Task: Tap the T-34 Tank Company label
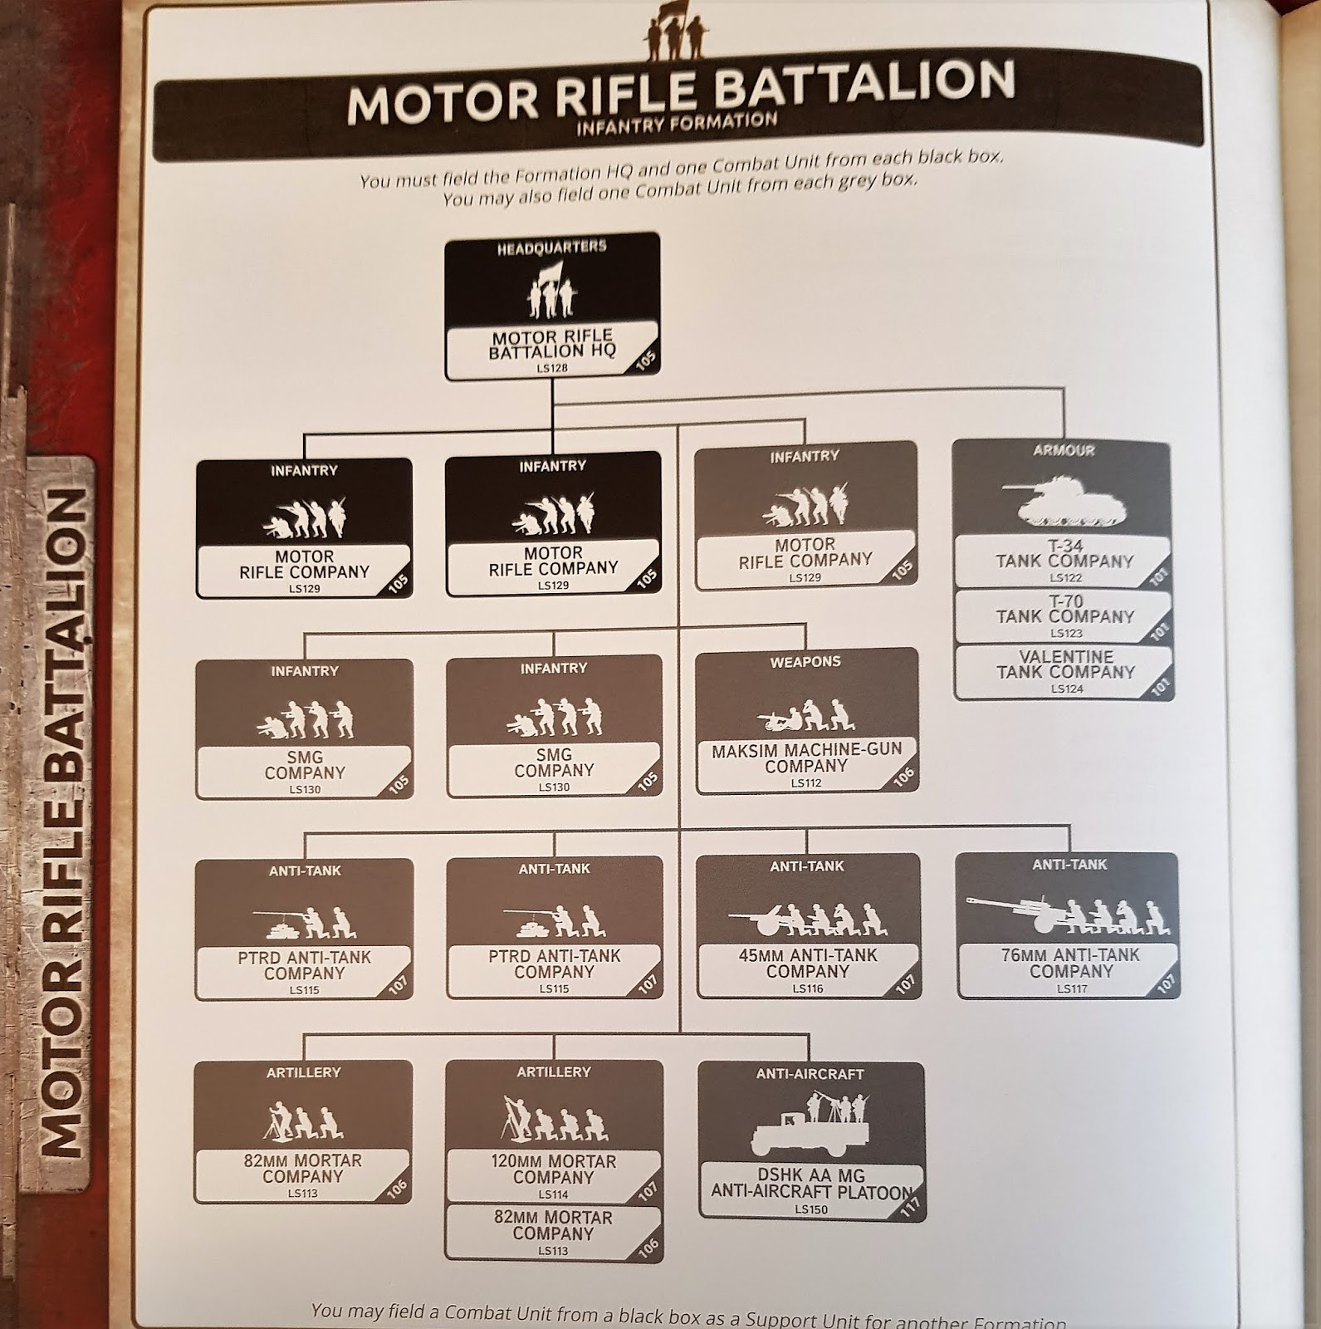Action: tap(1064, 554)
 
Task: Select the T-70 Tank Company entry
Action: tap(1064, 609)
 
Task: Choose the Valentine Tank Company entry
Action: tap(1065, 664)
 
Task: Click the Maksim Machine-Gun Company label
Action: tap(806, 758)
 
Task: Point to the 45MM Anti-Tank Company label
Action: tap(807, 964)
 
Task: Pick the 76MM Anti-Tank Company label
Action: tap(1069, 964)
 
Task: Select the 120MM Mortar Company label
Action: tap(553, 1170)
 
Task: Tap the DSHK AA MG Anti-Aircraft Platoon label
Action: tap(810, 1184)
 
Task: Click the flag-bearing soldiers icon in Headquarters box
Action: tap(552, 290)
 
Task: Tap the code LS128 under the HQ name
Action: tap(552, 368)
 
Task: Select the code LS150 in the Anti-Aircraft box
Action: tap(810, 1209)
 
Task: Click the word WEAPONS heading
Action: tap(805, 662)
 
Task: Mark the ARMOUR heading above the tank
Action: tap(1064, 451)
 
